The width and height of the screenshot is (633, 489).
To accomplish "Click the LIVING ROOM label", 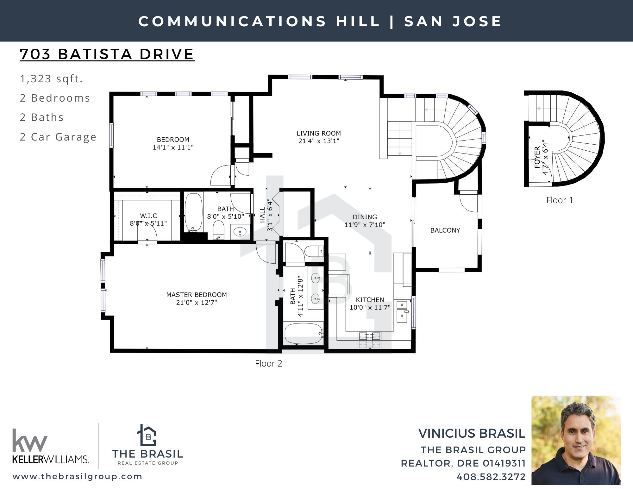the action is point(319,133).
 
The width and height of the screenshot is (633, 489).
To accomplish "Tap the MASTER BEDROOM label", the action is point(197,295).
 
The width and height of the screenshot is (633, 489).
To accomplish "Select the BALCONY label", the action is point(445,230).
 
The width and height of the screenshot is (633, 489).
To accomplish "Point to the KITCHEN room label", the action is point(370,300).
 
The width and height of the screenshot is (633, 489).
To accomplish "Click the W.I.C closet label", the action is point(148,216).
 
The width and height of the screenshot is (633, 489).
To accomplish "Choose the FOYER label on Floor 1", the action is point(537,157).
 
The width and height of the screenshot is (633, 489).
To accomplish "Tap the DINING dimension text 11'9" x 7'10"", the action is point(365,225).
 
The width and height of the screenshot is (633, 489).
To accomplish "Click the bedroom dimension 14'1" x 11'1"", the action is point(173,147).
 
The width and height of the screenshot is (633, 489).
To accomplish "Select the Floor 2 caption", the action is point(269,363).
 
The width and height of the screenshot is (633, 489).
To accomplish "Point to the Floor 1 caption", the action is point(560,200).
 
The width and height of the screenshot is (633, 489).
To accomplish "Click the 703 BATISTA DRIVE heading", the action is point(107,54).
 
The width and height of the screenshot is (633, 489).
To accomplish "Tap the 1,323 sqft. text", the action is point(51,78).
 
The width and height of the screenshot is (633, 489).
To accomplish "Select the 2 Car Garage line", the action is point(58,137).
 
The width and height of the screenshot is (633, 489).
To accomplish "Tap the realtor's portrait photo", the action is point(576,440).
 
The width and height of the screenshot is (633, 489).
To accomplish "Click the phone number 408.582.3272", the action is point(491,477).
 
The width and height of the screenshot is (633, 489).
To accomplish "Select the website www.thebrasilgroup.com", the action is point(78,476).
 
